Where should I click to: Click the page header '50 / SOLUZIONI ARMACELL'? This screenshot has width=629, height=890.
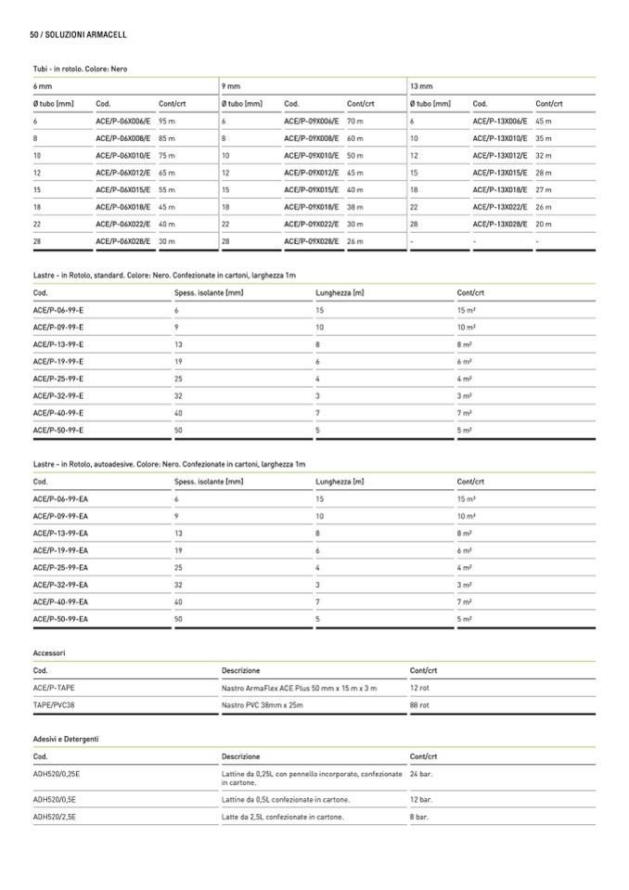[x=78, y=34]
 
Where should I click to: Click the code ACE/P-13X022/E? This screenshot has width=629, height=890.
[x=501, y=207]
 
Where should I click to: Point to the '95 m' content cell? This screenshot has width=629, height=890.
[x=167, y=122]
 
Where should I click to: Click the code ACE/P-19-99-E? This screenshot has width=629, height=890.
[x=58, y=361]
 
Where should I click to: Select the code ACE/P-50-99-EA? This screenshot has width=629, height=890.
[x=60, y=618]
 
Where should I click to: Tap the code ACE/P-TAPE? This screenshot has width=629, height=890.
[x=55, y=688]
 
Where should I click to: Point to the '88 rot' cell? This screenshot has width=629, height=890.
[x=419, y=705]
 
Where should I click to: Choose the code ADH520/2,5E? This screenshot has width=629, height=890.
[x=55, y=817]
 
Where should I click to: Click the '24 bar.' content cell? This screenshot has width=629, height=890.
[x=421, y=773]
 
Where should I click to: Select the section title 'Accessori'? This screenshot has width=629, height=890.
[x=49, y=652]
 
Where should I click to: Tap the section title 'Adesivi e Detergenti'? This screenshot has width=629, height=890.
[x=66, y=739]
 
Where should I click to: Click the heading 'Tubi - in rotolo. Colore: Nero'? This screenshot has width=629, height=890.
[x=80, y=69]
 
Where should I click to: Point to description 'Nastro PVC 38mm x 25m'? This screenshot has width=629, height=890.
[x=263, y=705]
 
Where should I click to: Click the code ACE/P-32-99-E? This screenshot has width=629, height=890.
[x=58, y=395]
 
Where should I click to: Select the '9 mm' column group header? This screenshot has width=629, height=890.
[x=232, y=85]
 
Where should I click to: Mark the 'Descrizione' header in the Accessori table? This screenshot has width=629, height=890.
[x=241, y=670]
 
